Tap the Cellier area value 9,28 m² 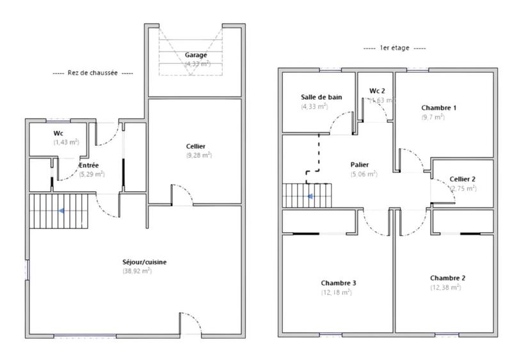[x=198, y=155]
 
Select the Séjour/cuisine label [x=145, y=262]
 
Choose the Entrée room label [x=88, y=165]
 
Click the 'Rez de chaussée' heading [x=93, y=73]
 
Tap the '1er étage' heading [x=394, y=48]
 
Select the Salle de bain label [x=321, y=97]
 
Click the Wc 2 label [x=378, y=91]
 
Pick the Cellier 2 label [x=462, y=180]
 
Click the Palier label [x=360, y=164]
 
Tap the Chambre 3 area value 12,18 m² [x=336, y=292]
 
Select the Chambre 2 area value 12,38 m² [x=445, y=288]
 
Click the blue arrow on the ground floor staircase [x=61, y=210]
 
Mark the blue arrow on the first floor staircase [x=309, y=196]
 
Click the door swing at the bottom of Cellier [x=182, y=194]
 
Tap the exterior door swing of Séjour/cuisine [x=190, y=325]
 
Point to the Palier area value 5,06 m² [x=364, y=174]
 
